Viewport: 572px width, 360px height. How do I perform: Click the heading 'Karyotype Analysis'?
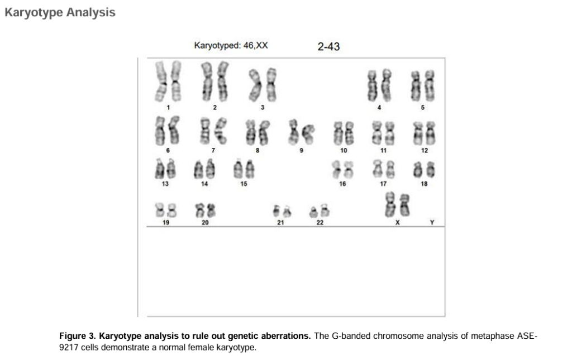tap(60, 12)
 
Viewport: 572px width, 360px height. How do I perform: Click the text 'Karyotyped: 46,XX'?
tap(231, 46)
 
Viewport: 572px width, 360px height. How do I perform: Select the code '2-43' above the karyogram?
tap(328, 47)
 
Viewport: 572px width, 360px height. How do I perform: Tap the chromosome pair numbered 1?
tap(168, 81)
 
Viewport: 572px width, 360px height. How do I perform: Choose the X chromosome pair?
tap(397, 205)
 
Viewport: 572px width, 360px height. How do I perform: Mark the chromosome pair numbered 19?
tap(166, 210)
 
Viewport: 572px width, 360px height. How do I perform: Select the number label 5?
tap(423, 107)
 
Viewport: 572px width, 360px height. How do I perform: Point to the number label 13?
tap(165, 184)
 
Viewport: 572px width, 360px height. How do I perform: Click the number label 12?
tap(425, 151)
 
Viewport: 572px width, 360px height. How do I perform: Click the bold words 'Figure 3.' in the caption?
tap(77, 336)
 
